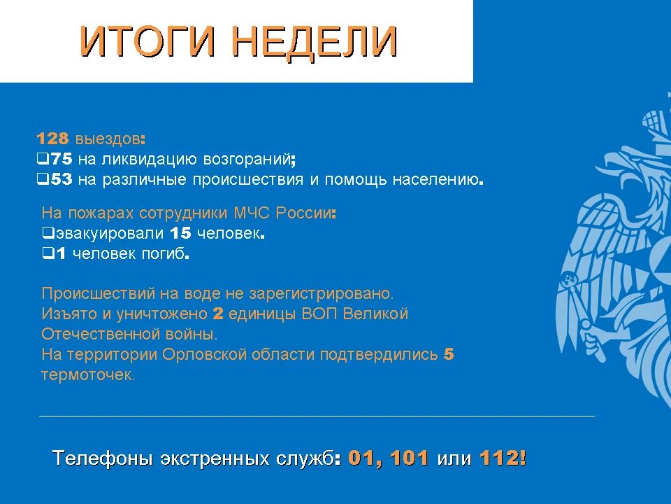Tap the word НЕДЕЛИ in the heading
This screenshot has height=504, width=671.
(x=315, y=41)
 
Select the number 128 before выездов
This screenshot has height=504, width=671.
(x=52, y=139)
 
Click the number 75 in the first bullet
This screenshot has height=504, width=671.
(x=62, y=159)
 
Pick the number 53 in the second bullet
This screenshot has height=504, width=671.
(x=62, y=179)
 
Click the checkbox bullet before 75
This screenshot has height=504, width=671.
(x=43, y=160)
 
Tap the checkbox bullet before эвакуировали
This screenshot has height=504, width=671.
(x=48, y=233)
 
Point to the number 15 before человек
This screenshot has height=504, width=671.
(x=180, y=233)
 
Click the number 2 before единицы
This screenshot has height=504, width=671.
(x=218, y=314)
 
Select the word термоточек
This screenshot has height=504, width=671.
(x=88, y=375)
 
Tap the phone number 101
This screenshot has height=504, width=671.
(x=409, y=458)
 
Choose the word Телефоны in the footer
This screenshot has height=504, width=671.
(x=103, y=458)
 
